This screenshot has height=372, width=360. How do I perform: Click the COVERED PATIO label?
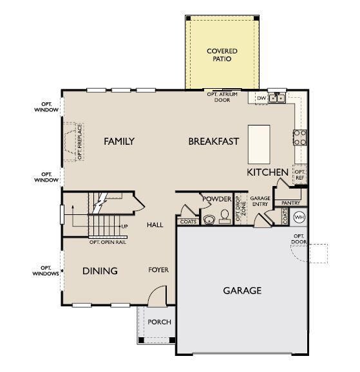[x=222, y=55]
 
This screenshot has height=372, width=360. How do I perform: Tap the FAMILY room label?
[x=119, y=142]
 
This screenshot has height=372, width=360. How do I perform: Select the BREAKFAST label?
[x=214, y=142]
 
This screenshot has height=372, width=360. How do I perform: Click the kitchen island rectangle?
[x=260, y=144]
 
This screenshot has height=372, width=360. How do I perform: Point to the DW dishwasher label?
[x=261, y=98]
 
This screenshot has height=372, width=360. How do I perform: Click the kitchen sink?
[x=278, y=98]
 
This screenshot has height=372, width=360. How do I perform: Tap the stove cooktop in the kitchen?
[x=300, y=136]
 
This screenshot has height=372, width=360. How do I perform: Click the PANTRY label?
[x=291, y=203]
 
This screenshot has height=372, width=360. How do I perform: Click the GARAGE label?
[x=242, y=291]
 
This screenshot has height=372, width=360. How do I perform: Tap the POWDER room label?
[x=216, y=200]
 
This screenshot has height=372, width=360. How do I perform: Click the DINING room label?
[x=100, y=271]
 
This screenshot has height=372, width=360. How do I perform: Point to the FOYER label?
[x=158, y=270]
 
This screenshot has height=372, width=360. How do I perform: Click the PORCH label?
[x=159, y=322]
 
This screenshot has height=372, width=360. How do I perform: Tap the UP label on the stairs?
[x=124, y=226]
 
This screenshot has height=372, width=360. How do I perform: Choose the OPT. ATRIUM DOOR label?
[x=223, y=97]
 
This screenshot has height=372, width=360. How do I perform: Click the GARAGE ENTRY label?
[x=260, y=201]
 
